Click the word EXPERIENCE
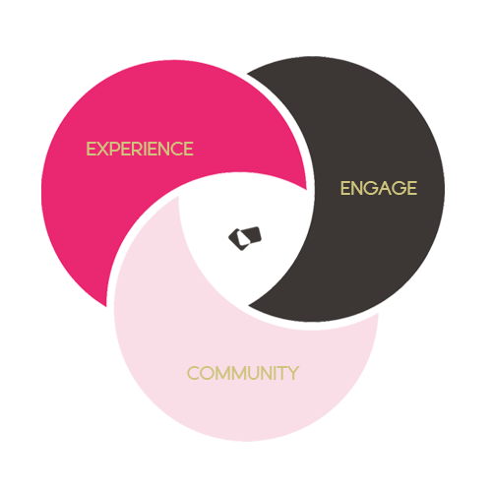(140, 149)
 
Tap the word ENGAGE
(379, 188)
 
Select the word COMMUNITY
(243, 373)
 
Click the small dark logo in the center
(245, 238)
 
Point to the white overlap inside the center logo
(244, 238)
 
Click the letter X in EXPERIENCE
(102, 149)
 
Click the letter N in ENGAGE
(358, 189)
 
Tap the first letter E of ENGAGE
(345, 189)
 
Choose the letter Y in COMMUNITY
(293, 374)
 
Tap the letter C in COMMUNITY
(194, 374)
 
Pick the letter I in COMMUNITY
(275, 374)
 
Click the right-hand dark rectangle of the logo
(253, 235)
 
